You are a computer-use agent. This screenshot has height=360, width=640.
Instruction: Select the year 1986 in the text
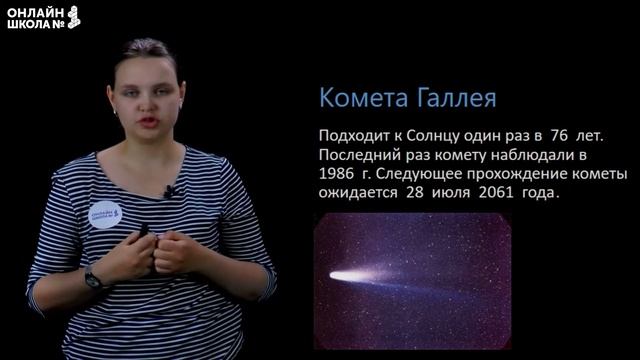[x=336, y=173]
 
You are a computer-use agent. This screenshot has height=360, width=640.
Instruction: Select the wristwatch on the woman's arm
[x=93, y=279]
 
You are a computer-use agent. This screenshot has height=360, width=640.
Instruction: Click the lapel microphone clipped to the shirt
[x=171, y=190]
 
